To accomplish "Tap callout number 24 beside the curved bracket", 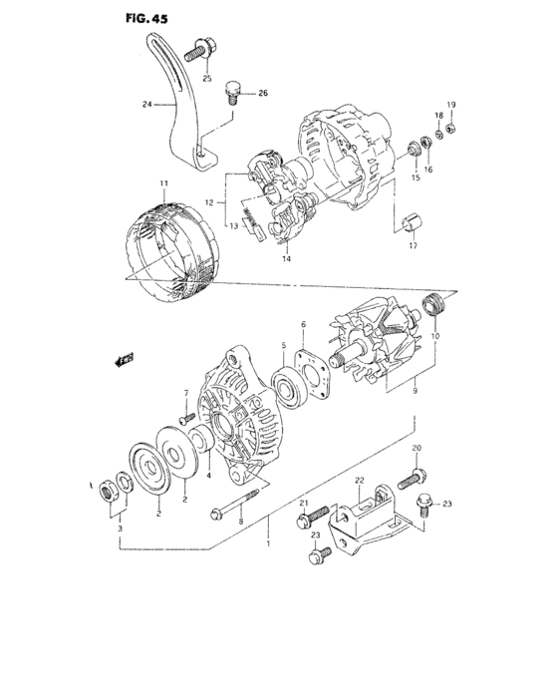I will (x=146, y=103).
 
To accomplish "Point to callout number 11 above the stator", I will (x=163, y=183).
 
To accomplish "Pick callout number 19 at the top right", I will (x=450, y=106).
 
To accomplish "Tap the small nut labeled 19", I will (x=450, y=127).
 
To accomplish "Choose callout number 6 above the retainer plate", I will (x=302, y=325).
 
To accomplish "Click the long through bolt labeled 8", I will (x=239, y=504).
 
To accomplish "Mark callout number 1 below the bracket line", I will (x=267, y=545).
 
